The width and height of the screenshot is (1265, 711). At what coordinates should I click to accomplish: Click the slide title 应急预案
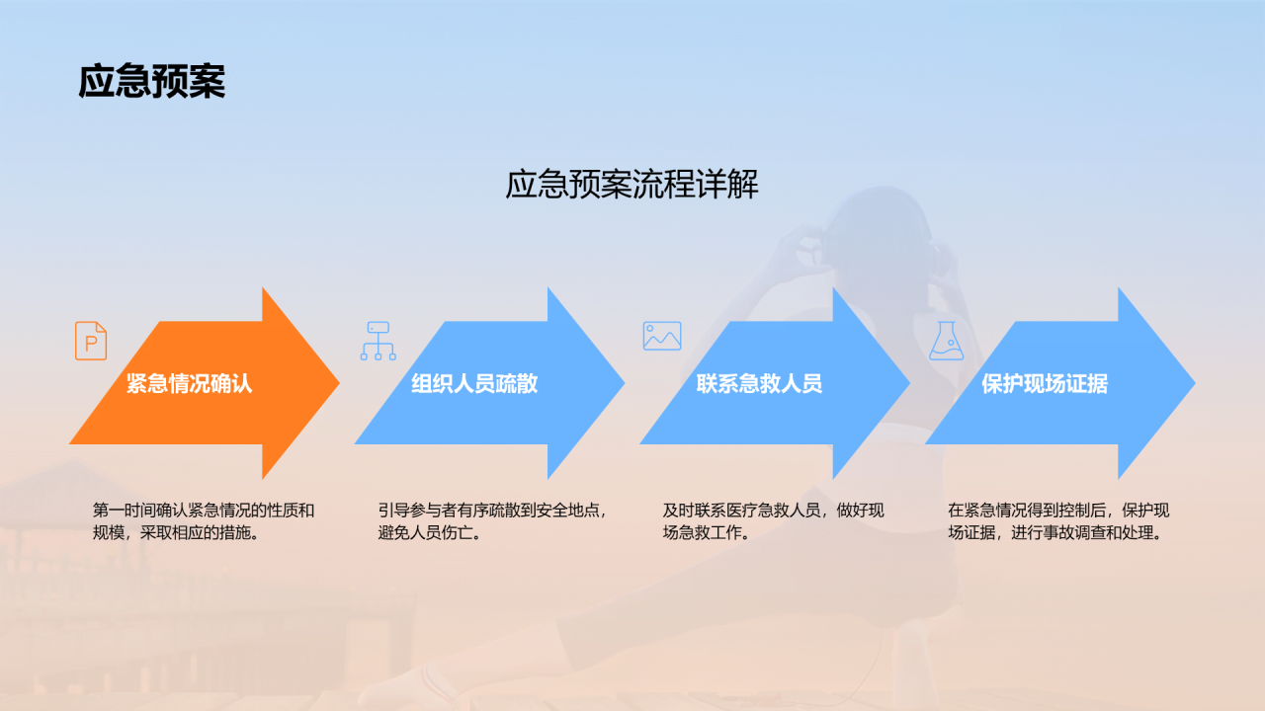tap(151, 82)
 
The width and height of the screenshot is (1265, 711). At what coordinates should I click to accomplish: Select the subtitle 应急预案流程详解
tap(632, 185)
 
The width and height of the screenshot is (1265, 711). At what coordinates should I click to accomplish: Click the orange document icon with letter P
tap(91, 341)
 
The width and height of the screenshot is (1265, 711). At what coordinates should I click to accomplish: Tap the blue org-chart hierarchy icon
tap(378, 341)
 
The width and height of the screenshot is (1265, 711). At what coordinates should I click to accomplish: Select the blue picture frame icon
tap(662, 336)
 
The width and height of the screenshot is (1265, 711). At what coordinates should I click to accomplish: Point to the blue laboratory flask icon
tap(946, 340)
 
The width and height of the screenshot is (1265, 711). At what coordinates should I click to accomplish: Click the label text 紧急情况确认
tap(189, 383)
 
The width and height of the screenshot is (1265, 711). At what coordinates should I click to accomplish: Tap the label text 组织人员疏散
tap(474, 383)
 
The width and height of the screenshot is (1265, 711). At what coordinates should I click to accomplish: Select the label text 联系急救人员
tap(759, 383)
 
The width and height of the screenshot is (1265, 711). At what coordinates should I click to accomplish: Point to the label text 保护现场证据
tap(1045, 383)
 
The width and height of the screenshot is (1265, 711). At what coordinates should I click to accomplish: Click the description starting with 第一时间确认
tap(204, 521)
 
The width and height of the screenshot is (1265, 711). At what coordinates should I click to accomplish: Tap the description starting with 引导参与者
tap(491, 521)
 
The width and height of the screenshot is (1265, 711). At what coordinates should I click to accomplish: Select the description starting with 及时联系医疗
tap(773, 521)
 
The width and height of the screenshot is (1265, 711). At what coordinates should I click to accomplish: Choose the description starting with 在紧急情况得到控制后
tap(1058, 521)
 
